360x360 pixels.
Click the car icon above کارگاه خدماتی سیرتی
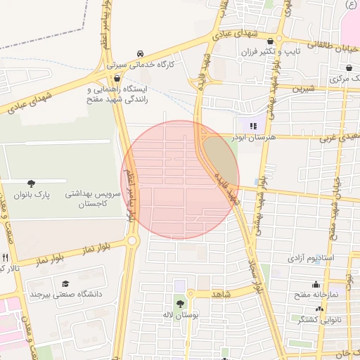click(141, 54)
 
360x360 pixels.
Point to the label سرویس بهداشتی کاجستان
click(93, 198)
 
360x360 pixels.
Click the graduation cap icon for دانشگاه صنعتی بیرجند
click(65, 283)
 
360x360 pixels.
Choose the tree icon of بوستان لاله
click(181, 304)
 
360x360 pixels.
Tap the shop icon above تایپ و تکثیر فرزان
click(270, 41)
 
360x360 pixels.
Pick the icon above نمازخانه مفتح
click(315, 285)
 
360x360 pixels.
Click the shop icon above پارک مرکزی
click(350, 68)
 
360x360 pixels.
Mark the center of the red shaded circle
click(180, 180)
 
